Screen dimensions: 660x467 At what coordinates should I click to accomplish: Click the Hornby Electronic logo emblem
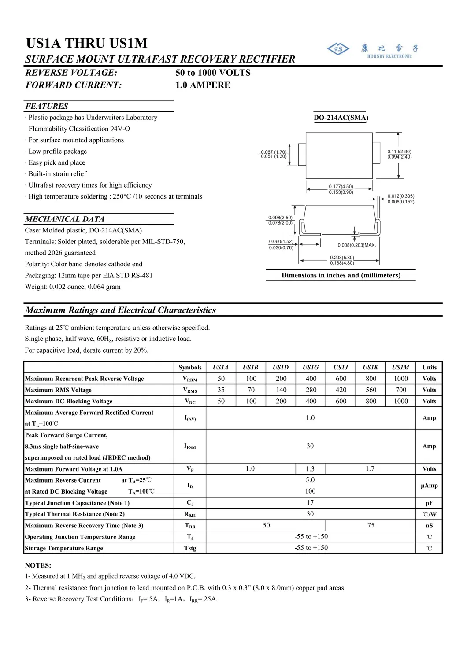[x=338, y=49]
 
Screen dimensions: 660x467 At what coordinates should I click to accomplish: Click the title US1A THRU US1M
[x=87, y=43]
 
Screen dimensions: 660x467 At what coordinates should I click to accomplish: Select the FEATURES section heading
[x=47, y=106]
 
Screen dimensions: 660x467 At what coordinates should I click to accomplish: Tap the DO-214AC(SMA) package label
[x=341, y=118]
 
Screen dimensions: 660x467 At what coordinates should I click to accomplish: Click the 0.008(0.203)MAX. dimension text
[x=357, y=245]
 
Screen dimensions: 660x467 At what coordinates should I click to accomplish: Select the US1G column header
[x=311, y=367]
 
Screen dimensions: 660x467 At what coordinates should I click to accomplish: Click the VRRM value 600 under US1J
[x=341, y=379]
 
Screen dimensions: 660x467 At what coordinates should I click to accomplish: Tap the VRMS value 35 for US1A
[x=221, y=390]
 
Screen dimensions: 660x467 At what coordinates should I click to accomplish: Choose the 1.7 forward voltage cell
[x=370, y=469]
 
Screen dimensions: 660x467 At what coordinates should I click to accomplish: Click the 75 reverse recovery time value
[x=371, y=525]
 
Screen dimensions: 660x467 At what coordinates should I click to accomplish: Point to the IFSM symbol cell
[x=190, y=446]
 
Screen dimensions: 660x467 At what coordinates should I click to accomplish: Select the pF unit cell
[x=429, y=503]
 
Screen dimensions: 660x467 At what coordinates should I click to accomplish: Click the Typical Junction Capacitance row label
[x=77, y=503]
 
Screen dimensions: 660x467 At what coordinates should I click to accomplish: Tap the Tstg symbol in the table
[x=190, y=548]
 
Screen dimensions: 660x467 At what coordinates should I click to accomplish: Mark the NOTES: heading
[x=38, y=565]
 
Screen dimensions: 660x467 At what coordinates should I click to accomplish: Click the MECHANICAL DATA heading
[x=65, y=219]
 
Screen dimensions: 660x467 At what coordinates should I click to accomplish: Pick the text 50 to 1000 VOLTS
[x=213, y=73]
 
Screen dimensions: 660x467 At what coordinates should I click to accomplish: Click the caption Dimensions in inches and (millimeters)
[x=341, y=275]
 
